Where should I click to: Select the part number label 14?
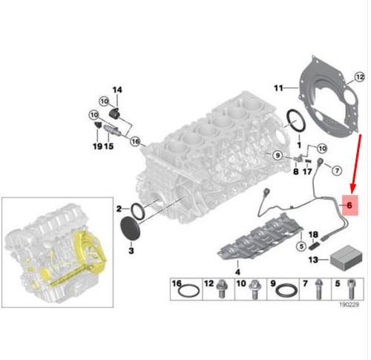point(116,91)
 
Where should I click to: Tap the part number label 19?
point(96,146)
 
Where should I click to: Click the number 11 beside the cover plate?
point(279,88)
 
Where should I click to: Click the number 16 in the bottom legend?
point(177,284)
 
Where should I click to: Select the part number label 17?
point(306,172)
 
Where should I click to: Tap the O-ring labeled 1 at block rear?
point(294,120)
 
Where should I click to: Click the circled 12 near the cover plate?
point(360,76)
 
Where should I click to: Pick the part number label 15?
point(109,146)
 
